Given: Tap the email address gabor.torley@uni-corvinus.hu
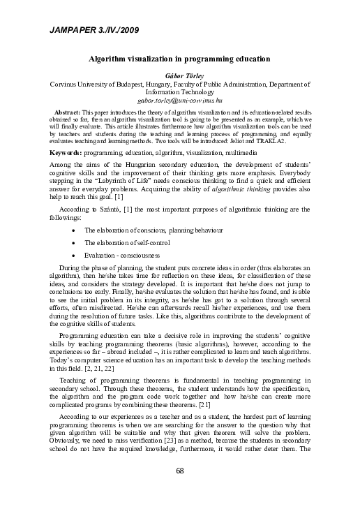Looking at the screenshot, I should tap(180, 101).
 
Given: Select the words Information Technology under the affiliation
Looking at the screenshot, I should tap(180, 92).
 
